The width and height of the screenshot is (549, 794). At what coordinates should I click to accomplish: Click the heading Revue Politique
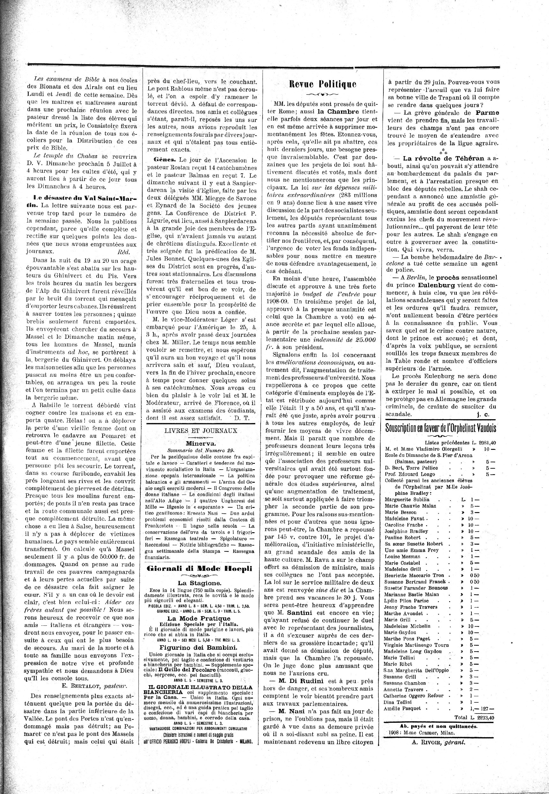(x=323, y=84)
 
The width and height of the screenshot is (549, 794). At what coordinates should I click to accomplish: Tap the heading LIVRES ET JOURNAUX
(x=201, y=430)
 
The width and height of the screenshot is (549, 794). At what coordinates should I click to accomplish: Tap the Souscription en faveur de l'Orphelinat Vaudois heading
(x=440, y=428)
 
